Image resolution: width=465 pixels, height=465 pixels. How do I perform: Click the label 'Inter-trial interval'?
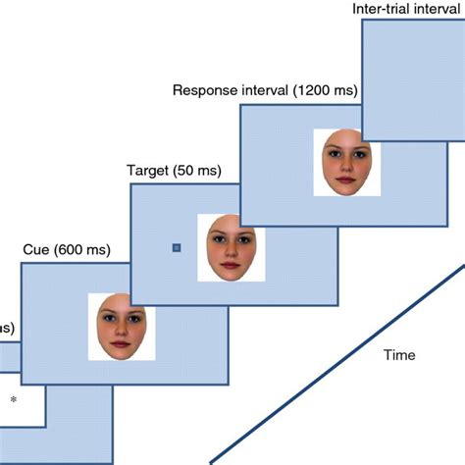tap(407, 10)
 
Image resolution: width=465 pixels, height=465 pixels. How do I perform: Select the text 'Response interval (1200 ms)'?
tap(265, 91)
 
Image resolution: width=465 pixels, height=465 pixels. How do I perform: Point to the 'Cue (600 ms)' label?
tap(65, 249)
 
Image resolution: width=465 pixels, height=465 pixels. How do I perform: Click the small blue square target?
tap(177, 248)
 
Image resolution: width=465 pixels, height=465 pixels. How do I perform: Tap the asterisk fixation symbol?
tap(13, 399)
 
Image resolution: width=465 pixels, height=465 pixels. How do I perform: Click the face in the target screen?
tap(232, 247)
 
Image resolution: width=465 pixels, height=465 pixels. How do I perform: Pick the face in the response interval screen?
tap(347, 162)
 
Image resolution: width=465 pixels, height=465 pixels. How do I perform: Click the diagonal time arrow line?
tap(334, 362)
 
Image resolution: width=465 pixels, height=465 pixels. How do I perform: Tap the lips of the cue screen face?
tap(122, 345)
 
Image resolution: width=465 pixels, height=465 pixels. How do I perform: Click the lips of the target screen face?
tap(232, 266)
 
